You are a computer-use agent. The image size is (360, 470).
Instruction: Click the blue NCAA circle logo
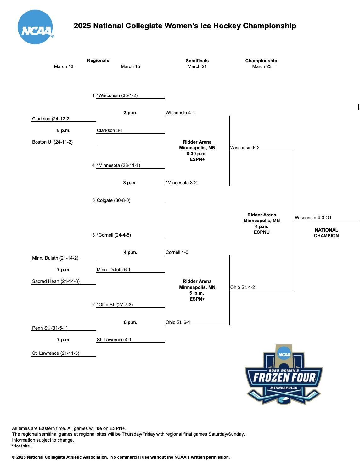tap(35, 27)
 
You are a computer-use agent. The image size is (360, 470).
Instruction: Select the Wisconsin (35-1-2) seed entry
tap(117, 95)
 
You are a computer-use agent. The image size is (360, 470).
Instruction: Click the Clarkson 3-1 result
tap(110, 130)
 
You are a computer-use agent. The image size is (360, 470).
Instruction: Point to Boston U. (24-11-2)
tap(52, 142)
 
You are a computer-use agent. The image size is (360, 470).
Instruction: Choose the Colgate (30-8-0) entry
tap(113, 200)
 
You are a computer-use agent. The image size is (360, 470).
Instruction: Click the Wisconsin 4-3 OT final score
tap(313, 218)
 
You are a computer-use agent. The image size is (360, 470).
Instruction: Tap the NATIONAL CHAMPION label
tap(326, 233)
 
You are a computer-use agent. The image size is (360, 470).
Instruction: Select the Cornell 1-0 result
tap(177, 252)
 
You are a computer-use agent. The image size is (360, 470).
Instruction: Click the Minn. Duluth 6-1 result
tap(113, 270)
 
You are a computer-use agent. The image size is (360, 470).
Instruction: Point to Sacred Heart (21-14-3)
tap(56, 281)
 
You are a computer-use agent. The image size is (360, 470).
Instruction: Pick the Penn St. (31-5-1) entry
tap(50, 328)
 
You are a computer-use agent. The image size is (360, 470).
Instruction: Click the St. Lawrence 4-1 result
tap(114, 340)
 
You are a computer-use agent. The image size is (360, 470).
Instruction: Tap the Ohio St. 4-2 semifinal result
tap(242, 287)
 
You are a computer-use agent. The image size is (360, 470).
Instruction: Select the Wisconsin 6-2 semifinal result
tap(245, 148)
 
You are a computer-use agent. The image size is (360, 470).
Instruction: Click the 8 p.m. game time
tap(64, 130)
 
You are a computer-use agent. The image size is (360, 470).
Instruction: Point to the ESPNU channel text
tap(262, 232)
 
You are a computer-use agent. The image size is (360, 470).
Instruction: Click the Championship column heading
tap(261, 61)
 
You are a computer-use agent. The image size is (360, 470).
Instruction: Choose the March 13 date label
tap(64, 66)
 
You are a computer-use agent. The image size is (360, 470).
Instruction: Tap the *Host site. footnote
tap(21, 446)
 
